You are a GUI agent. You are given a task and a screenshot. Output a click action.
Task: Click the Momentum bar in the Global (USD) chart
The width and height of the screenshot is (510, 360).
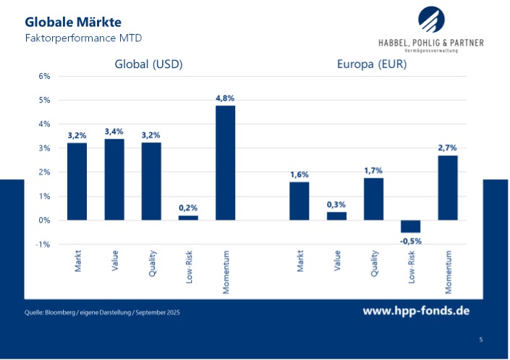click(x=225, y=163)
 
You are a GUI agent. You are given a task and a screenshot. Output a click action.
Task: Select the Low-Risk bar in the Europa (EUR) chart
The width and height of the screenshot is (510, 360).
click(x=410, y=226)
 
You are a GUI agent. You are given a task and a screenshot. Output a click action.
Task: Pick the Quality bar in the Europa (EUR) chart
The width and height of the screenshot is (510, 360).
click(x=373, y=199)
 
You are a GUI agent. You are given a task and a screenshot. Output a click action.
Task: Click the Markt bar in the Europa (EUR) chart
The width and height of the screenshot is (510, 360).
click(x=299, y=201)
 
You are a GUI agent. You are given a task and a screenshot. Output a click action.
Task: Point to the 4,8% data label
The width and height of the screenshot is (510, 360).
click(x=225, y=98)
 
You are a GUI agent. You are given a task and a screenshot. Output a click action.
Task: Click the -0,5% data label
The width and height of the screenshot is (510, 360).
click(x=410, y=241)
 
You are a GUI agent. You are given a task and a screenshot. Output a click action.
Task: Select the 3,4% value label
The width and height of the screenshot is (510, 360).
click(x=114, y=132)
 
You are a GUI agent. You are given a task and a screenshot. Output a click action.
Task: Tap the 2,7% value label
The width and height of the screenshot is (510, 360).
click(x=448, y=147)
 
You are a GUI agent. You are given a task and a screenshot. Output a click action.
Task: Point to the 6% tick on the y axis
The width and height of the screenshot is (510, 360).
click(x=44, y=76)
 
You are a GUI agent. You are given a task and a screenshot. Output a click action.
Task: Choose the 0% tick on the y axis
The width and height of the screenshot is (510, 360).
click(x=44, y=220)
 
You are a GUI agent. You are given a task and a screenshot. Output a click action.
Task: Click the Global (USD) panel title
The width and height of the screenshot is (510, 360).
click(x=148, y=64)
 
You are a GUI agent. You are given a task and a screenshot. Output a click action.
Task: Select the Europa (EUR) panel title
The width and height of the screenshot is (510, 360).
click(x=372, y=64)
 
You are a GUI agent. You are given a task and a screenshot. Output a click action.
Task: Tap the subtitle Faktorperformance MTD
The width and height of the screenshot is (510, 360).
click(x=74, y=37)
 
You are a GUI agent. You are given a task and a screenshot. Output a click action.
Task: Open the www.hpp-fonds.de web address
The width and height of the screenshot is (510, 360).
click(x=416, y=311)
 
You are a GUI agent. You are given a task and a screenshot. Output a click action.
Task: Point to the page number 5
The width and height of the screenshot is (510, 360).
click(x=481, y=339)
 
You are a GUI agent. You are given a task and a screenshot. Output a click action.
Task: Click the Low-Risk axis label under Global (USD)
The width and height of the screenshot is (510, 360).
click(x=189, y=266)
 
